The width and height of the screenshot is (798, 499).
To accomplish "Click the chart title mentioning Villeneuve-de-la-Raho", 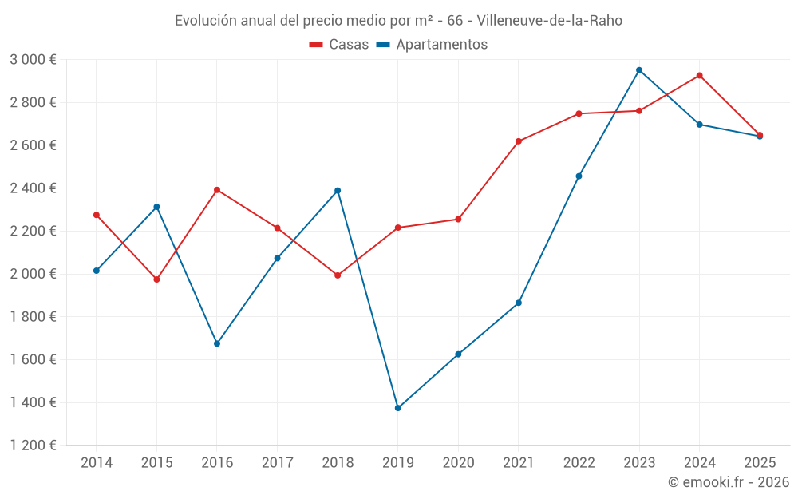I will (x=398, y=20).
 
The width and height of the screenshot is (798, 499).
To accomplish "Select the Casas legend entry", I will (x=339, y=45).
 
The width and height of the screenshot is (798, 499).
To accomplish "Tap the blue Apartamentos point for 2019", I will (x=397, y=408).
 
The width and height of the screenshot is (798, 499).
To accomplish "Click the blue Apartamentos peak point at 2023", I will (x=639, y=70).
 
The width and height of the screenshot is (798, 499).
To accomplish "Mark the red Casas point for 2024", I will (x=699, y=76).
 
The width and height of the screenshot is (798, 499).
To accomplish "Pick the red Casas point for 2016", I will (x=217, y=190).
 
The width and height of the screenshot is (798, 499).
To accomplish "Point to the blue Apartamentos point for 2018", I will (x=338, y=191).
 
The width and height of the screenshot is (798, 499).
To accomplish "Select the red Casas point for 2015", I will (x=156, y=279).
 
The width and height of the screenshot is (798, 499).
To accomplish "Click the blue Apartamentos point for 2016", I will (x=217, y=343).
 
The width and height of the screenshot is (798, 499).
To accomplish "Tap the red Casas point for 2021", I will (x=519, y=141).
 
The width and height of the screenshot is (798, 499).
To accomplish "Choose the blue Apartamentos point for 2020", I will (x=458, y=354).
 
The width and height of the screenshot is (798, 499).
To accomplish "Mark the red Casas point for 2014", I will (x=97, y=215).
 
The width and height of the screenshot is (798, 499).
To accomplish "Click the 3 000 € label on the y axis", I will (x=33, y=60).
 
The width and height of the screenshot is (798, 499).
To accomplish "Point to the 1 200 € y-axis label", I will (x=33, y=446).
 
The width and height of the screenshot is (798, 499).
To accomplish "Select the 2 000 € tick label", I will (x=33, y=274).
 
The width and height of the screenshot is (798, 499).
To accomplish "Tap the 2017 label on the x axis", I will (x=277, y=463).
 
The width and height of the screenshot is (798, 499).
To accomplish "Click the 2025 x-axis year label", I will (x=759, y=463).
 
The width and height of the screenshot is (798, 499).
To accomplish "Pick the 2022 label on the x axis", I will (x=579, y=463).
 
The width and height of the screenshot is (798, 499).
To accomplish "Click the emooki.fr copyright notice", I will (x=728, y=482).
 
